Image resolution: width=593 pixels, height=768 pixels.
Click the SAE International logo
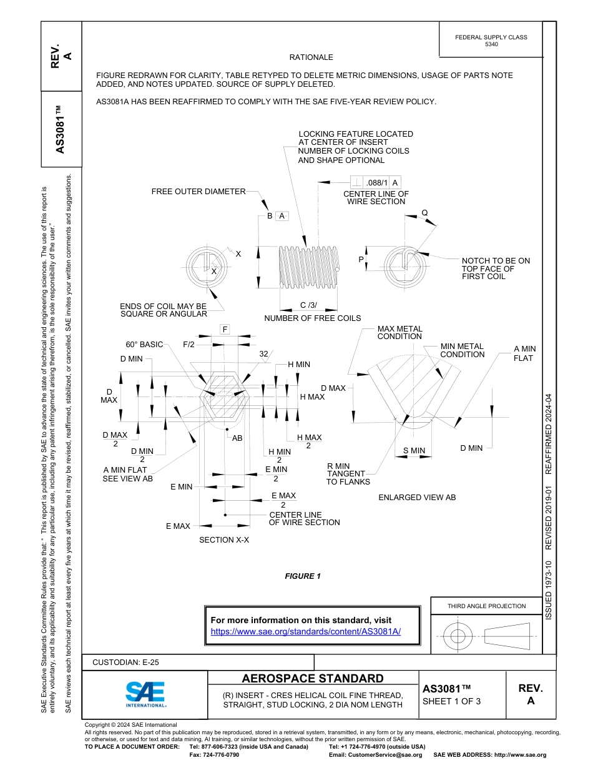[145, 693]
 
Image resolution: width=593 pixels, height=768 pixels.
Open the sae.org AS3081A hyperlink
[305, 631]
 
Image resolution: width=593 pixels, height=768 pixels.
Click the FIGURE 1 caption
[303, 576]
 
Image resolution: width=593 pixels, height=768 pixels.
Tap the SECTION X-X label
[224, 539]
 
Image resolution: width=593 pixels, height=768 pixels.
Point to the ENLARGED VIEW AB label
[417, 498]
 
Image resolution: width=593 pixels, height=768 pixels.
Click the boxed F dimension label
[225, 329]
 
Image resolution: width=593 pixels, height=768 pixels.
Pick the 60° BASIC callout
[144, 345]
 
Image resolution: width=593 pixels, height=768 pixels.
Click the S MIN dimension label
[414, 451]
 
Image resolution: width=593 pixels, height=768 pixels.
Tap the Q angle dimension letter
[424, 212]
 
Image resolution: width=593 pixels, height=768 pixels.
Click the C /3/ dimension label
[308, 305]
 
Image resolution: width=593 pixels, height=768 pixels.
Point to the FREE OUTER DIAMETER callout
[198, 192]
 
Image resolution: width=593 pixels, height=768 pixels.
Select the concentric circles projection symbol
[458, 636]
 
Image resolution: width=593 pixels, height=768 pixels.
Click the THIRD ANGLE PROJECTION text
[486, 606]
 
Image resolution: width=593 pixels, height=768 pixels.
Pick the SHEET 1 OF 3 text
[451, 701]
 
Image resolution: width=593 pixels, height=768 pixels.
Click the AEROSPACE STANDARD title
[313, 679]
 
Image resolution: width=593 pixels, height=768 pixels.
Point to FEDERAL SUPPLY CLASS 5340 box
[491, 41]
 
